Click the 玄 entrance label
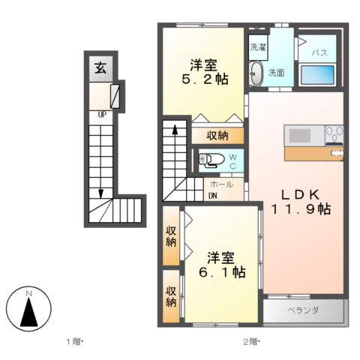pyautogui.click(x=99, y=66)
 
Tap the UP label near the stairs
pyautogui.click(x=100, y=115)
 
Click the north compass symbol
pyautogui.click(x=28, y=308)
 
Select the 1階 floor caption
pyautogui.click(x=73, y=343)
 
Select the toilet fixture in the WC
pyautogui.click(x=211, y=159)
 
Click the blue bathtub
pyautogui.click(x=317, y=76)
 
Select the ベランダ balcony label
pyautogui.click(x=303, y=310)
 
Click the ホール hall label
pyautogui.click(x=221, y=184)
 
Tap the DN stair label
pyautogui.click(x=213, y=196)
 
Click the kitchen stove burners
pyautogui.click(x=334, y=135)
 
